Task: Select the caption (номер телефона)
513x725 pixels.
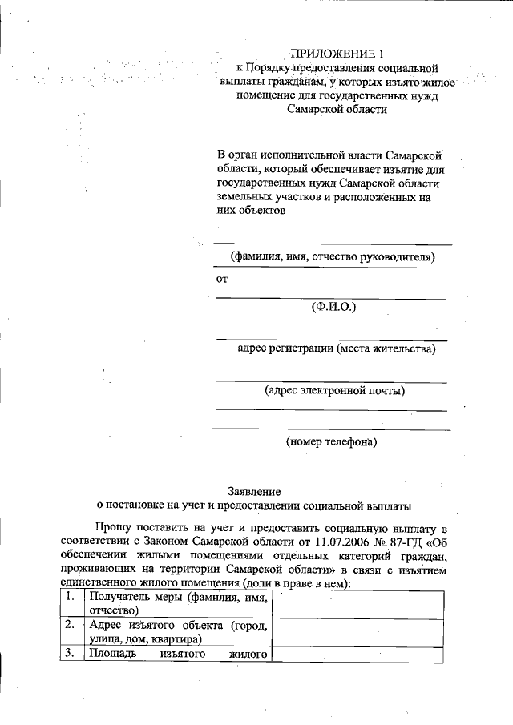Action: pos(331,441)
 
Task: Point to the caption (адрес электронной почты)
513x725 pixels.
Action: pos(334,391)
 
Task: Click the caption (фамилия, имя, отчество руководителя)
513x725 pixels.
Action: pos(331,257)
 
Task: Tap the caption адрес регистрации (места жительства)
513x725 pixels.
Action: pos(337,348)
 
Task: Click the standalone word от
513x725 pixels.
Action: pos(223,280)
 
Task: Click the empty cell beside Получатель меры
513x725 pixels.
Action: pos(358,603)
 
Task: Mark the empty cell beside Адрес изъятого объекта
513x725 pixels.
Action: pos(358,631)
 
